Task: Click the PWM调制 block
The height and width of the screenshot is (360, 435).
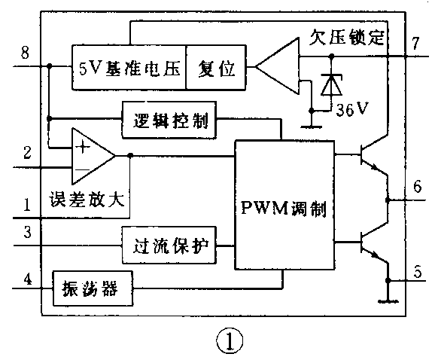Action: coord(284,206)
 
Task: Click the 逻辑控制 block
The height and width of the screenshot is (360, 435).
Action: coord(169,119)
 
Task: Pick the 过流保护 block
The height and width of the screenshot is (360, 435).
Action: coord(169,246)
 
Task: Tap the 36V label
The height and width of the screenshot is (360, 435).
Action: coord(352,110)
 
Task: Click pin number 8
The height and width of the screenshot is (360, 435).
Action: coord(26,53)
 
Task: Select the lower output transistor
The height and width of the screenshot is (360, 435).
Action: coord(370,245)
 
